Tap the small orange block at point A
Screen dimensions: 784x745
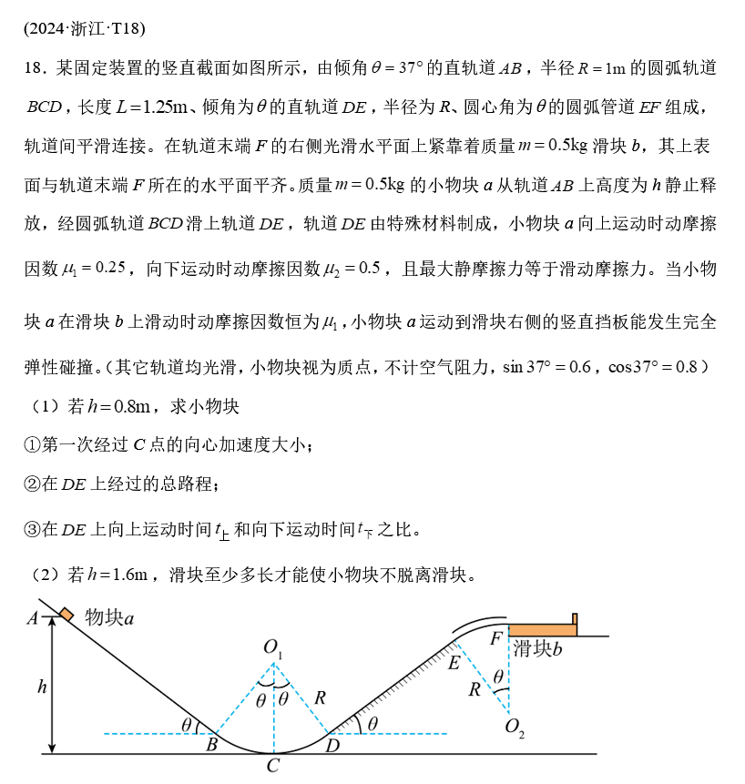pyautogui.click(x=66, y=615)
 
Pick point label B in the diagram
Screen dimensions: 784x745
pyautogui.click(x=211, y=746)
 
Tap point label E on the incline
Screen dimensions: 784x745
pyautogui.click(x=454, y=662)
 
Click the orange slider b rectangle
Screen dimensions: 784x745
pyautogui.click(x=542, y=630)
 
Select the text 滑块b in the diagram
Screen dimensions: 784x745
pyautogui.click(x=537, y=649)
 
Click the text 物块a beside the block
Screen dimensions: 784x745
pyautogui.click(x=109, y=617)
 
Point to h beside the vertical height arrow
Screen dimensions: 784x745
pyautogui.click(x=42, y=687)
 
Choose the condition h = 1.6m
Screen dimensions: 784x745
pyautogui.click(x=117, y=575)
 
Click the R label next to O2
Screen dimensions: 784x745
pyautogui.click(x=475, y=689)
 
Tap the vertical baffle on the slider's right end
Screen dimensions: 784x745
pyautogui.click(x=575, y=620)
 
